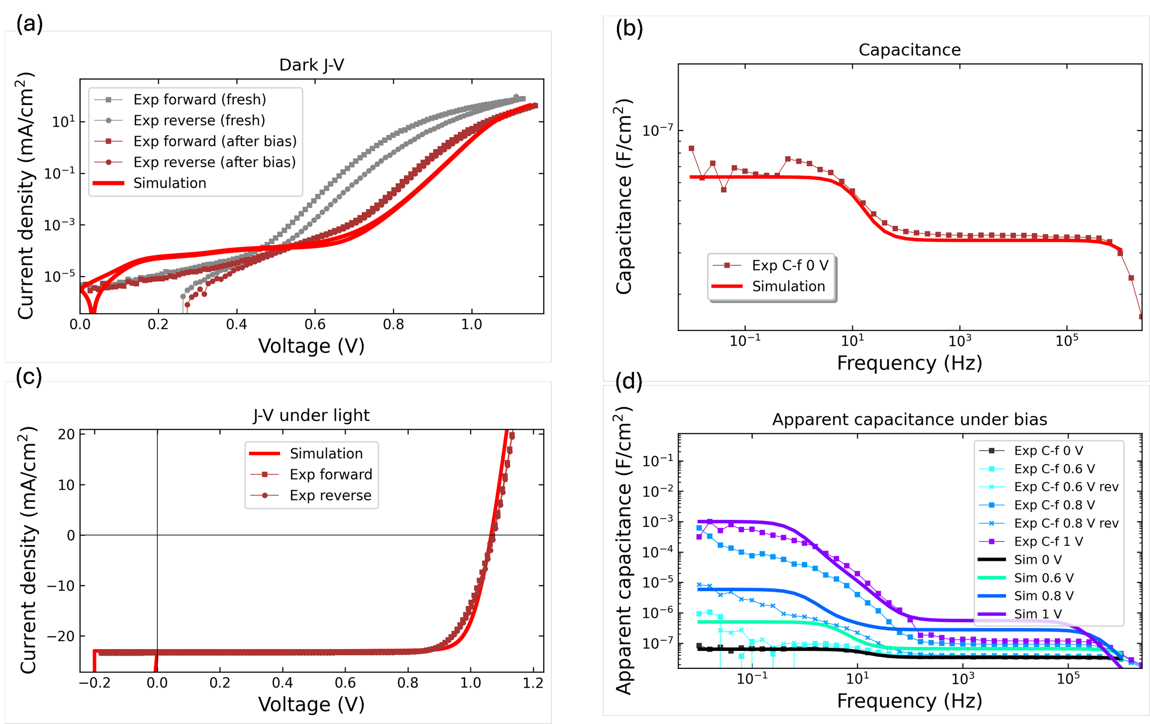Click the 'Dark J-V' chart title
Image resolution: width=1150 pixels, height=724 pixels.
[x=311, y=65]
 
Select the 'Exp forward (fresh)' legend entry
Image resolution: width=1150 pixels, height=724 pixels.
[x=199, y=99]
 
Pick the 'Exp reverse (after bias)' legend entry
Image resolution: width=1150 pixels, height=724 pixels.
[x=214, y=162]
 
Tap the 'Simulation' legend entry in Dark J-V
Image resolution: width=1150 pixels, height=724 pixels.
[x=170, y=183]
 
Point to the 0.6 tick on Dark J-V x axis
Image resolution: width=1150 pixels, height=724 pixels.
[x=315, y=325]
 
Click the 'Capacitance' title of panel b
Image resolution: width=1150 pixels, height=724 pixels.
[x=909, y=50]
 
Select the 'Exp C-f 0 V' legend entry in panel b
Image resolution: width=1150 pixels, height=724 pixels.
[x=789, y=265]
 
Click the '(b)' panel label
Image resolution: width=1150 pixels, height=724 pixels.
[x=629, y=29]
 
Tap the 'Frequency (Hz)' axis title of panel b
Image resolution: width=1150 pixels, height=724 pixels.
[x=909, y=363]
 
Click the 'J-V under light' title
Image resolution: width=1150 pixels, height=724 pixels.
[x=311, y=415]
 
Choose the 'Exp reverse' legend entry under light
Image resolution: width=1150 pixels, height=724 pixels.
[x=330, y=496]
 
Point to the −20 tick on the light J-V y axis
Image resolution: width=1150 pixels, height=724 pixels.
[x=62, y=636]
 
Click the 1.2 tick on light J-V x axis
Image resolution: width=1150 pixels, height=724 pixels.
[x=533, y=684]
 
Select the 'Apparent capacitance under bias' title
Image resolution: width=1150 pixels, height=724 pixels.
[x=909, y=420]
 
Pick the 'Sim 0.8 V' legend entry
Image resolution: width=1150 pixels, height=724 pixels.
[x=1043, y=596]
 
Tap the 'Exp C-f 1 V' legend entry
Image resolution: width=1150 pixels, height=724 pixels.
[x=1048, y=541]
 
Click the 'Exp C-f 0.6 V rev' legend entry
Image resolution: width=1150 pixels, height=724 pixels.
[x=1066, y=487]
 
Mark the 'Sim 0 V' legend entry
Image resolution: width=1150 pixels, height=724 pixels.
[x=1038, y=559]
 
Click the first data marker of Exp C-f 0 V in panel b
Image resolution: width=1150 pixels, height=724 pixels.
[x=691, y=148]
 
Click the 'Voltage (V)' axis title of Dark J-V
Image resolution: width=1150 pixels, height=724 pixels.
[x=311, y=346]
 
